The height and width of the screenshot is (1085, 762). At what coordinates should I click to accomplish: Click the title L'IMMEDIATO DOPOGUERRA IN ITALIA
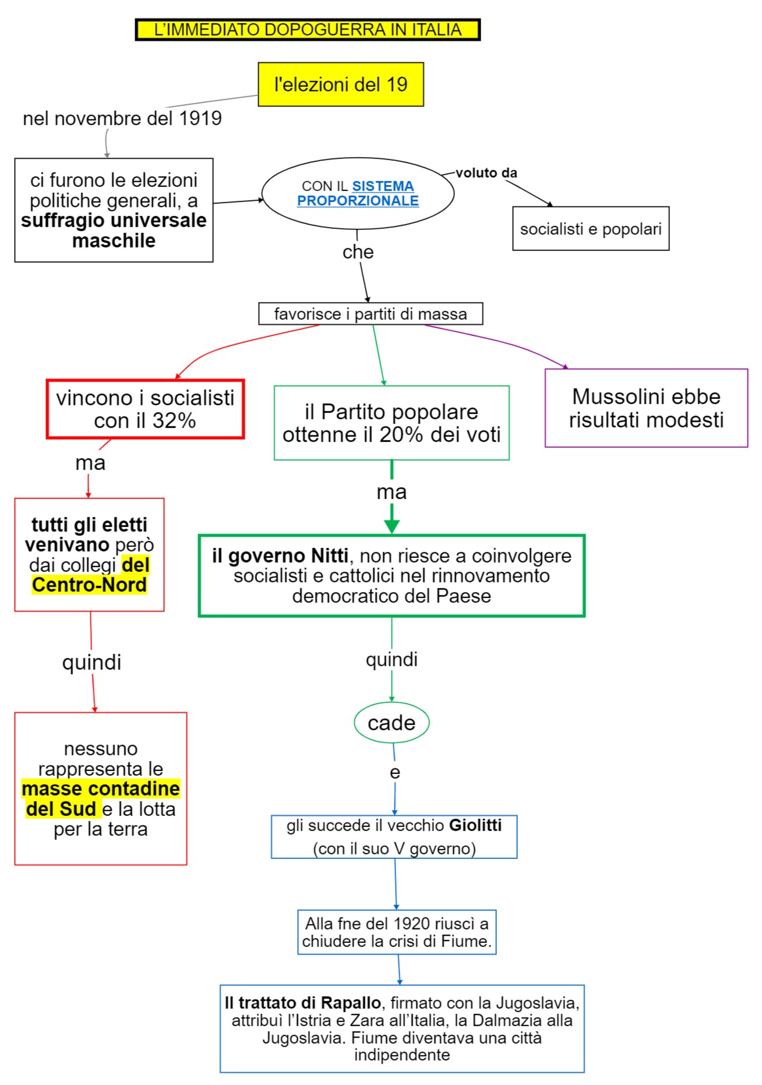308,30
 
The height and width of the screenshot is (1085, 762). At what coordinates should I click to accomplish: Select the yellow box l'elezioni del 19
341,84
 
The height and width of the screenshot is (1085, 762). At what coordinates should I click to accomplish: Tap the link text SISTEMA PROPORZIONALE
358,193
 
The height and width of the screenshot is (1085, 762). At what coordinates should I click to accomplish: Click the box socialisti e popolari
591,229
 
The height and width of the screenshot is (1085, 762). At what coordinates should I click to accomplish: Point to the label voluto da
486,173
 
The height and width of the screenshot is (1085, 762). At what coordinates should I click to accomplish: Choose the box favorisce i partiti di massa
371,314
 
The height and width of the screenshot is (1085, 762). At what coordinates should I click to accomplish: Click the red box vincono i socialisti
145,409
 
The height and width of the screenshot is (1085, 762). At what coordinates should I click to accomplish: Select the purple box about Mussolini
646,408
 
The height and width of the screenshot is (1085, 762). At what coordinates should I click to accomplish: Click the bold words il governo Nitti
280,556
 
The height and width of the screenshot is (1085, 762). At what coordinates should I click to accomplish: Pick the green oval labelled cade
391,723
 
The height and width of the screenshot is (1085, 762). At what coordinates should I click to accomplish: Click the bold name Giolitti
475,825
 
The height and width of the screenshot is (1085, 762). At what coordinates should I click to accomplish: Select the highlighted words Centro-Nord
89,585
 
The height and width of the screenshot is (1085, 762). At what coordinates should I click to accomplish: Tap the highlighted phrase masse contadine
101,789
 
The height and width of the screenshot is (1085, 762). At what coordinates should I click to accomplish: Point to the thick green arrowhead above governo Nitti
391,525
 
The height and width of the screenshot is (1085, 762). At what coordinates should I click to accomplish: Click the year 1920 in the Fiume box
411,923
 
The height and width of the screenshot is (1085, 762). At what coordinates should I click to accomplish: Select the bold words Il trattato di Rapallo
303,1003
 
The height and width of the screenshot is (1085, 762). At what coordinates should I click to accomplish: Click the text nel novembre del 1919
122,118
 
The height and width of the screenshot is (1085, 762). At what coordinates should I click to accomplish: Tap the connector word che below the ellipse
358,252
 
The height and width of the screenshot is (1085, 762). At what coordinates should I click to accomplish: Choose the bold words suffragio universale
114,220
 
